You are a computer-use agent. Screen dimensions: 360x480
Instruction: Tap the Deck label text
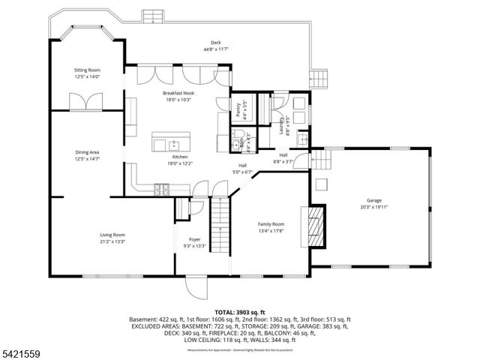[x=215, y=43]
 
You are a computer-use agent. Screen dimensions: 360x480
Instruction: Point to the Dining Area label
[x=87, y=152]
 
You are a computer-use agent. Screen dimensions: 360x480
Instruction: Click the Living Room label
[x=112, y=235]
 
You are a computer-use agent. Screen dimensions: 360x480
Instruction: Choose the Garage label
[x=373, y=200]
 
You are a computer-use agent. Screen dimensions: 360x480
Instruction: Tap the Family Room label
[x=271, y=224]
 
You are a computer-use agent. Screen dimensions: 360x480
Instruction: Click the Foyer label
[x=194, y=240]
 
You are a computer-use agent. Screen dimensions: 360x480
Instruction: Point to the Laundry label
[x=282, y=121]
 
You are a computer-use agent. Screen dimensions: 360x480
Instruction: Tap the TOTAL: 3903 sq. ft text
[x=240, y=310]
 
